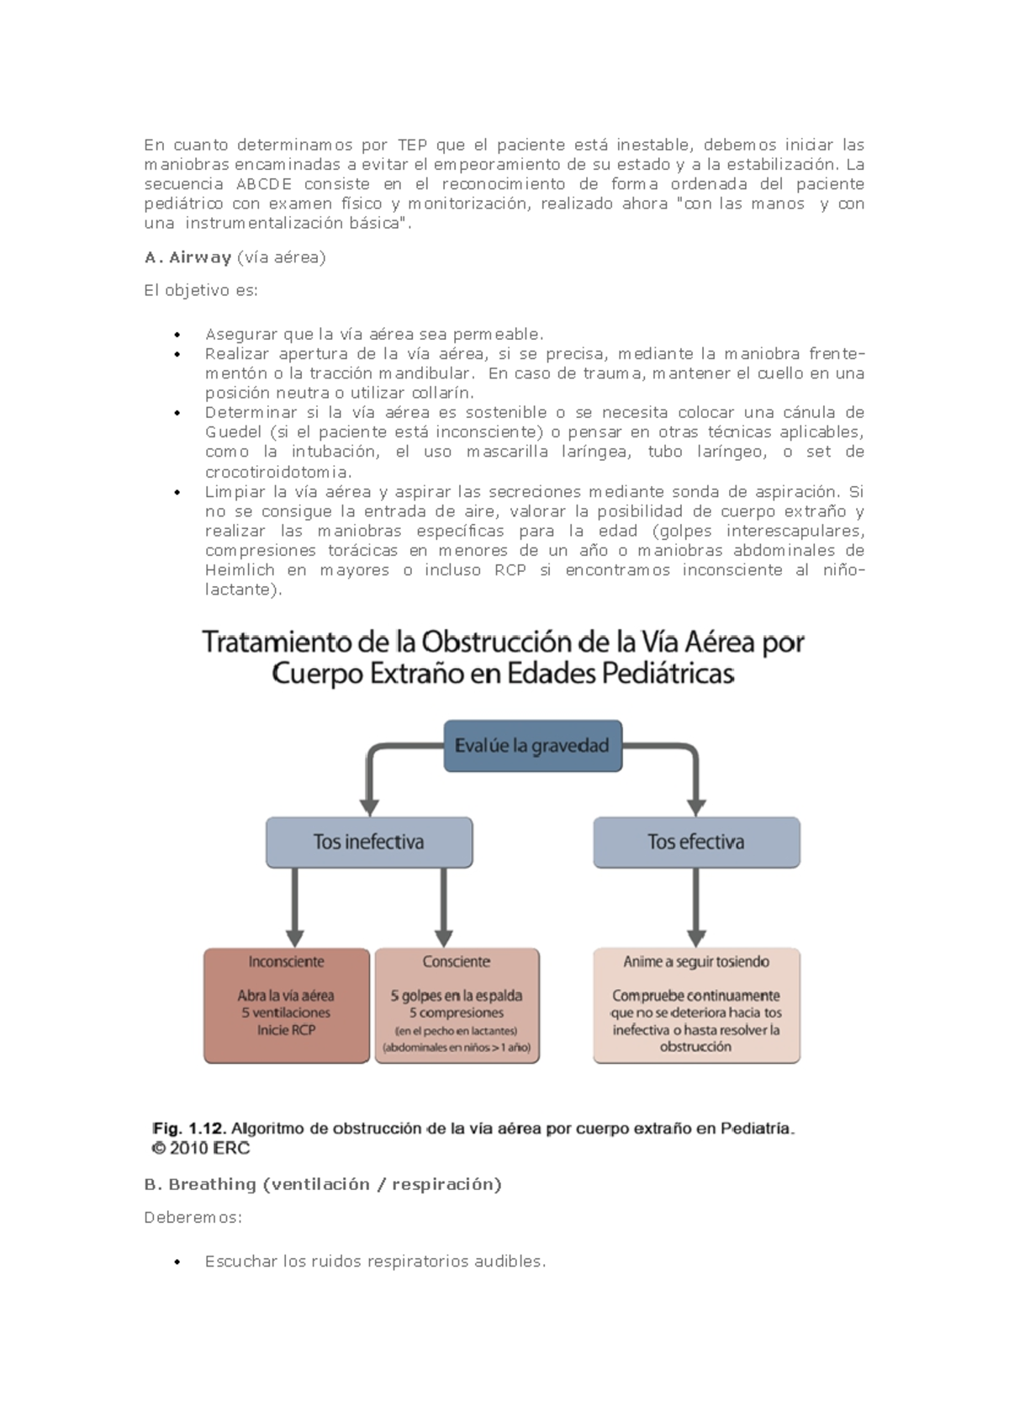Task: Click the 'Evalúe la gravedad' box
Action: (x=532, y=746)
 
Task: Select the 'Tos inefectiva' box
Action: (x=369, y=842)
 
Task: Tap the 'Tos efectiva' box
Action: (x=696, y=842)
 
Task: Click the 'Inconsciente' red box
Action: (x=287, y=1006)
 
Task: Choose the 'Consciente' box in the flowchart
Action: (x=457, y=1006)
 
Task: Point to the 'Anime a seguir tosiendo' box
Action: (x=696, y=1006)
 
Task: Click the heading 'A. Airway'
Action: (x=188, y=257)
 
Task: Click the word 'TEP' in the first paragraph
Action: (x=412, y=145)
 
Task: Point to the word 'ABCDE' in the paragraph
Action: (x=264, y=184)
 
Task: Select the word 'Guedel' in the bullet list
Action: (x=233, y=432)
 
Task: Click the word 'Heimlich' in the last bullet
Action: (x=240, y=570)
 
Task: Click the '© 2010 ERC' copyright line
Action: (x=201, y=1149)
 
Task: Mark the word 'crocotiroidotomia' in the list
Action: (x=278, y=472)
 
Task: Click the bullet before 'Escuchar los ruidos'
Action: (x=177, y=1262)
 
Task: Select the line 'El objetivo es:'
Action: (x=201, y=291)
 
